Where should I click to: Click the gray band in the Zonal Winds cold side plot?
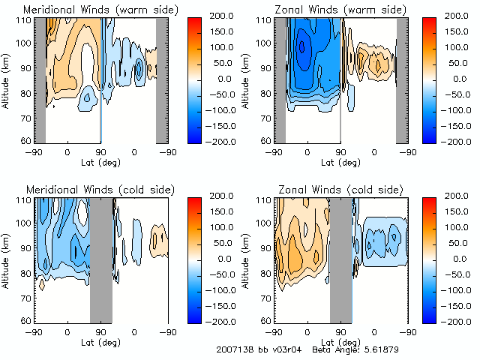pos(341,259)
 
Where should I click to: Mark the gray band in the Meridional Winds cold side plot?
pos(100,259)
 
